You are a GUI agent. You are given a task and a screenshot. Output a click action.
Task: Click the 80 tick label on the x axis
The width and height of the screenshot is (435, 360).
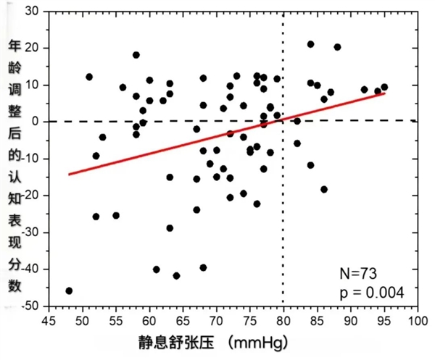click(283, 319)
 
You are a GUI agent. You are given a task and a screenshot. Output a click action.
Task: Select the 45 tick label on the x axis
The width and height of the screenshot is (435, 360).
click(49, 319)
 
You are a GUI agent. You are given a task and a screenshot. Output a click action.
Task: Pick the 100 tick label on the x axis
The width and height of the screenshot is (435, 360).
click(417, 319)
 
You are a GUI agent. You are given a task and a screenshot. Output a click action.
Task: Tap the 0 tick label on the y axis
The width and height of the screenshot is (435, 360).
click(36, 122)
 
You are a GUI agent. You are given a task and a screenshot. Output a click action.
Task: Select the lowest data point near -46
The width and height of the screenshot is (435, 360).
click(69, 290)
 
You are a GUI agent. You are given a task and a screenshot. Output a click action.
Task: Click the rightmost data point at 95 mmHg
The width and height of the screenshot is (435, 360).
click(384, 87)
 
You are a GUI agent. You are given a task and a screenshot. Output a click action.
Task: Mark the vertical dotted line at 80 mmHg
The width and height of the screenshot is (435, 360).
click(283, 217)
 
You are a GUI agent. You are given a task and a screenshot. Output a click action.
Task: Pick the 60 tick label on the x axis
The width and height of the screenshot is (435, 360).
click(149, 319)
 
